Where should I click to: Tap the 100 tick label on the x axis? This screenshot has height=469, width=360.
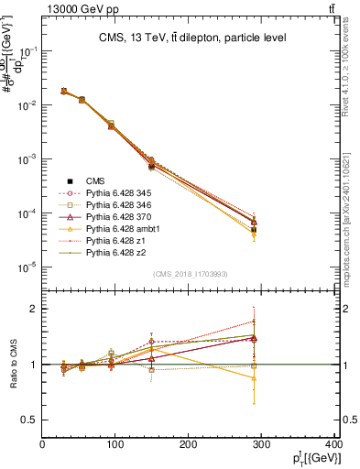point(115,447)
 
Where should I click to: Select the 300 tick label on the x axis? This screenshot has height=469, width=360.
point(262,447)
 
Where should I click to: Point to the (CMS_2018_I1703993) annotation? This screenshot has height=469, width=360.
point(190,274)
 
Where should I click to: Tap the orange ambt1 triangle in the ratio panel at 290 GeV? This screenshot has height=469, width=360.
point(266,377)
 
